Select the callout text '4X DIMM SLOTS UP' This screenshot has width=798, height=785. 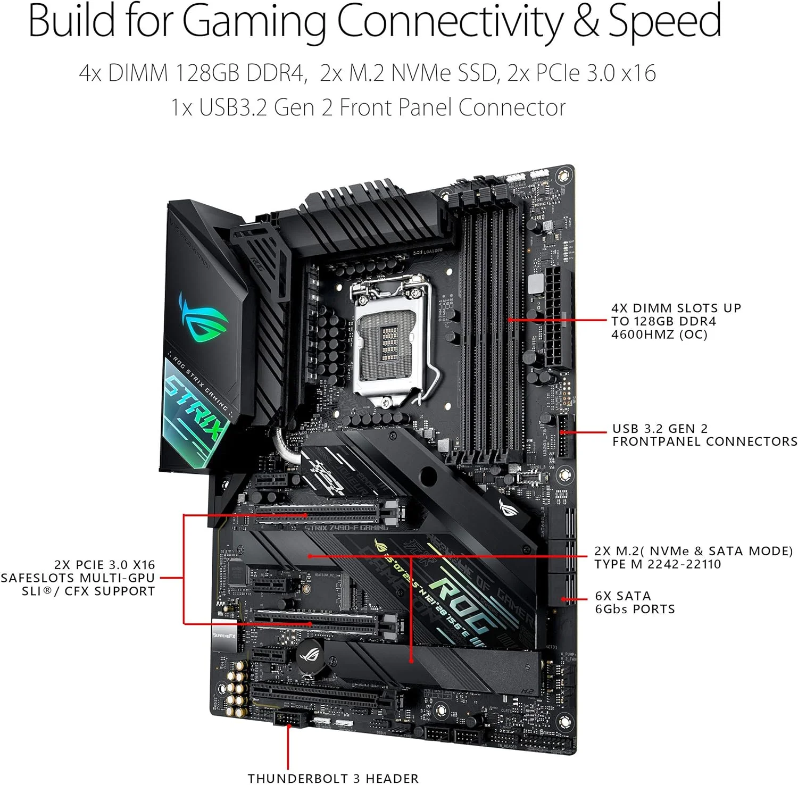coord(676,308)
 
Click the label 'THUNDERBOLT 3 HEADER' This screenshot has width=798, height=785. coord(333,778)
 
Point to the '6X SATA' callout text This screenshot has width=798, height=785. coord(623,596)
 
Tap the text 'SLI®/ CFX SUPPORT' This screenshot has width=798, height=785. coord(88,591)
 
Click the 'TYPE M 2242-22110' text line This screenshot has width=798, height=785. coord(658,564)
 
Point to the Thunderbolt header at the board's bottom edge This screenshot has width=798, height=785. coord(289,720)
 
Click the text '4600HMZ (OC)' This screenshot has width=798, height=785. coord(659,335)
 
